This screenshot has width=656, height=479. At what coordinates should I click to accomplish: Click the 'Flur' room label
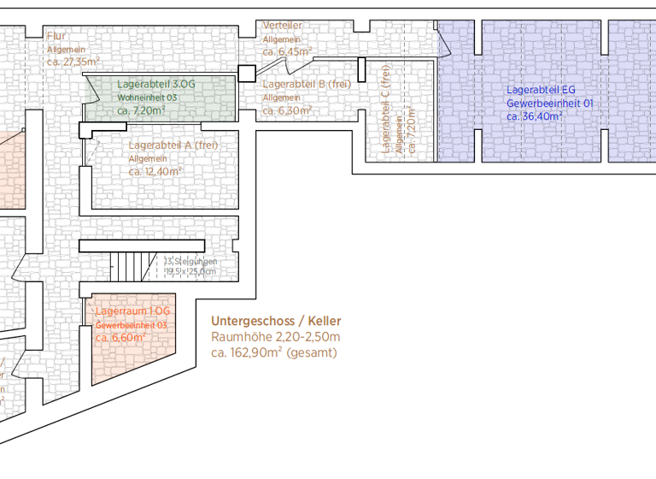coord(56,35)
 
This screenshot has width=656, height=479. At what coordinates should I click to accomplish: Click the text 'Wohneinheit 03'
coord(147,98)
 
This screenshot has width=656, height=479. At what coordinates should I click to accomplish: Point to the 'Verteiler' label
coord(283,26)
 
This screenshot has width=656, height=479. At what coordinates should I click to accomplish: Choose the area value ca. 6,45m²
coord(287,51)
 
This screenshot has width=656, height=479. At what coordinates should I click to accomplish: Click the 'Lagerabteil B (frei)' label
coord(307,84)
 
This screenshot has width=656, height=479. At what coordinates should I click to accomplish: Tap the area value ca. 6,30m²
coord(287,110)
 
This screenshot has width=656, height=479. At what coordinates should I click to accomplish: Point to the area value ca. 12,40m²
coord(155,171)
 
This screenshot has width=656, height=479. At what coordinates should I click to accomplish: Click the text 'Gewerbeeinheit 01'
coord(549,103)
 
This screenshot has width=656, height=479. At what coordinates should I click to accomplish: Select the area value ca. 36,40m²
coord(535,116)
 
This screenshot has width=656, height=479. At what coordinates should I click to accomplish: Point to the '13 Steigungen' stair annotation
coord(190,261)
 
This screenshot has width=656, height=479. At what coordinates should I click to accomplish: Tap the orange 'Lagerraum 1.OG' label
coord(132,311)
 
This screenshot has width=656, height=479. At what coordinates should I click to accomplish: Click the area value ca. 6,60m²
coord(120,338)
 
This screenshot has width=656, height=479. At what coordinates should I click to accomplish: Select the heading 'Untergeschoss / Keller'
coord(276,321)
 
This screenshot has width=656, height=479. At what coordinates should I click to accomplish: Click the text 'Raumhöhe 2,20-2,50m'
coord(275,337)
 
